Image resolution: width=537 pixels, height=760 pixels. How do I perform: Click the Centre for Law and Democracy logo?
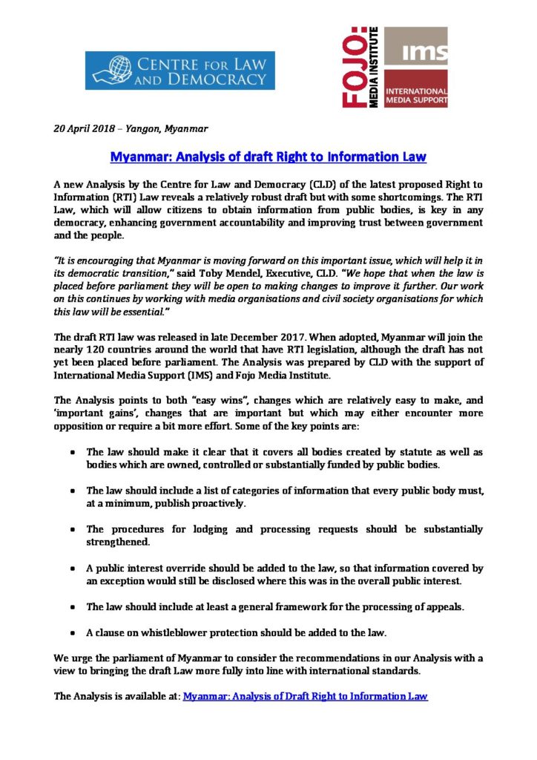[179, 71]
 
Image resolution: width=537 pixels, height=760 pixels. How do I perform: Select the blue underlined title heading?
[268, 157]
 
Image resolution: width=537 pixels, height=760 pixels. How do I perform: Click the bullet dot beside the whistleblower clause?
[70, 633]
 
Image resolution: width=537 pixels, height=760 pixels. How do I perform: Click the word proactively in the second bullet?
[225, 504]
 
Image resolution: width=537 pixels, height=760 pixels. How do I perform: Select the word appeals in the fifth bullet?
[442, 606]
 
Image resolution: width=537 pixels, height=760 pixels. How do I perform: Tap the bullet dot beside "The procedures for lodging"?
[70, 530]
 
